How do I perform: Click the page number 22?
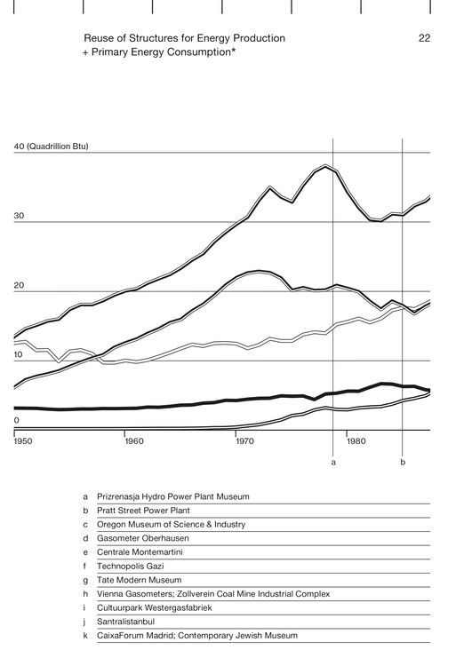(424, 38)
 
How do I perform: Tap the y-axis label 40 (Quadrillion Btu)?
(51, 147)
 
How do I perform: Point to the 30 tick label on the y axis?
(20, 216)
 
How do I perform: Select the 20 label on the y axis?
(20, 285)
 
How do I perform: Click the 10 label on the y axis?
(19, 354)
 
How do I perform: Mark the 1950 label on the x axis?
(23, 440)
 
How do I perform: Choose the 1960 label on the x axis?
(134, 440)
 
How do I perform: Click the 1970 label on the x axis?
(245, 440)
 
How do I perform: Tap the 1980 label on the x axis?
(356, 440)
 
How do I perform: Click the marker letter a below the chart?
(333, 463)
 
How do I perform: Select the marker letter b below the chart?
(403, 462)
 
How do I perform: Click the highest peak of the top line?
(325, 166)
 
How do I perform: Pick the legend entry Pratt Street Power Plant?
(143, 511)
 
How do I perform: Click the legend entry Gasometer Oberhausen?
(143, 538)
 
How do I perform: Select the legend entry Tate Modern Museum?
(139, 580)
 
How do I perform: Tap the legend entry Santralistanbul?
(126, 622)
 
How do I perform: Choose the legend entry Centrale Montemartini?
(140, 552)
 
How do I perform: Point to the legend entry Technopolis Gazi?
(130, 567)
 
